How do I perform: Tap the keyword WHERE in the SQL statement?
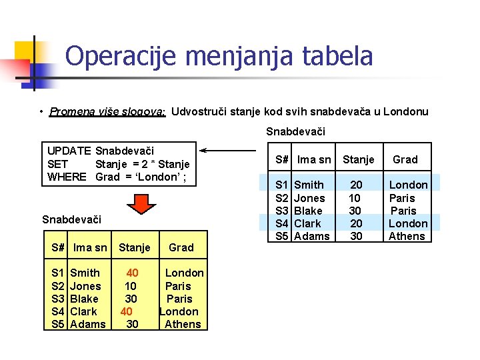(x=67, y=177)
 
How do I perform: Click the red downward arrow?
(x=141, y=203)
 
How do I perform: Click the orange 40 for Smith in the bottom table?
(x=132, y=273)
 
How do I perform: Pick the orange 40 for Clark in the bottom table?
(x=127, y=311)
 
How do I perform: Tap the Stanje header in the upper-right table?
(x=359, y=159)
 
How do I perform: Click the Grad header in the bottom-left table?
(x=181, y=247)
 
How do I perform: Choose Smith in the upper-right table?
(x=309, y=185)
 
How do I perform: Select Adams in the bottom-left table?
(x=87, y=324)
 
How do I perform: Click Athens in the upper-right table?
(x=407, y=236)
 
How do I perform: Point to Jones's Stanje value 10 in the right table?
(x=355, y=198)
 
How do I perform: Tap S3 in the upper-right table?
(x=282, y=211)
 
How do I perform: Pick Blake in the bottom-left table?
(x=84, y=299)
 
